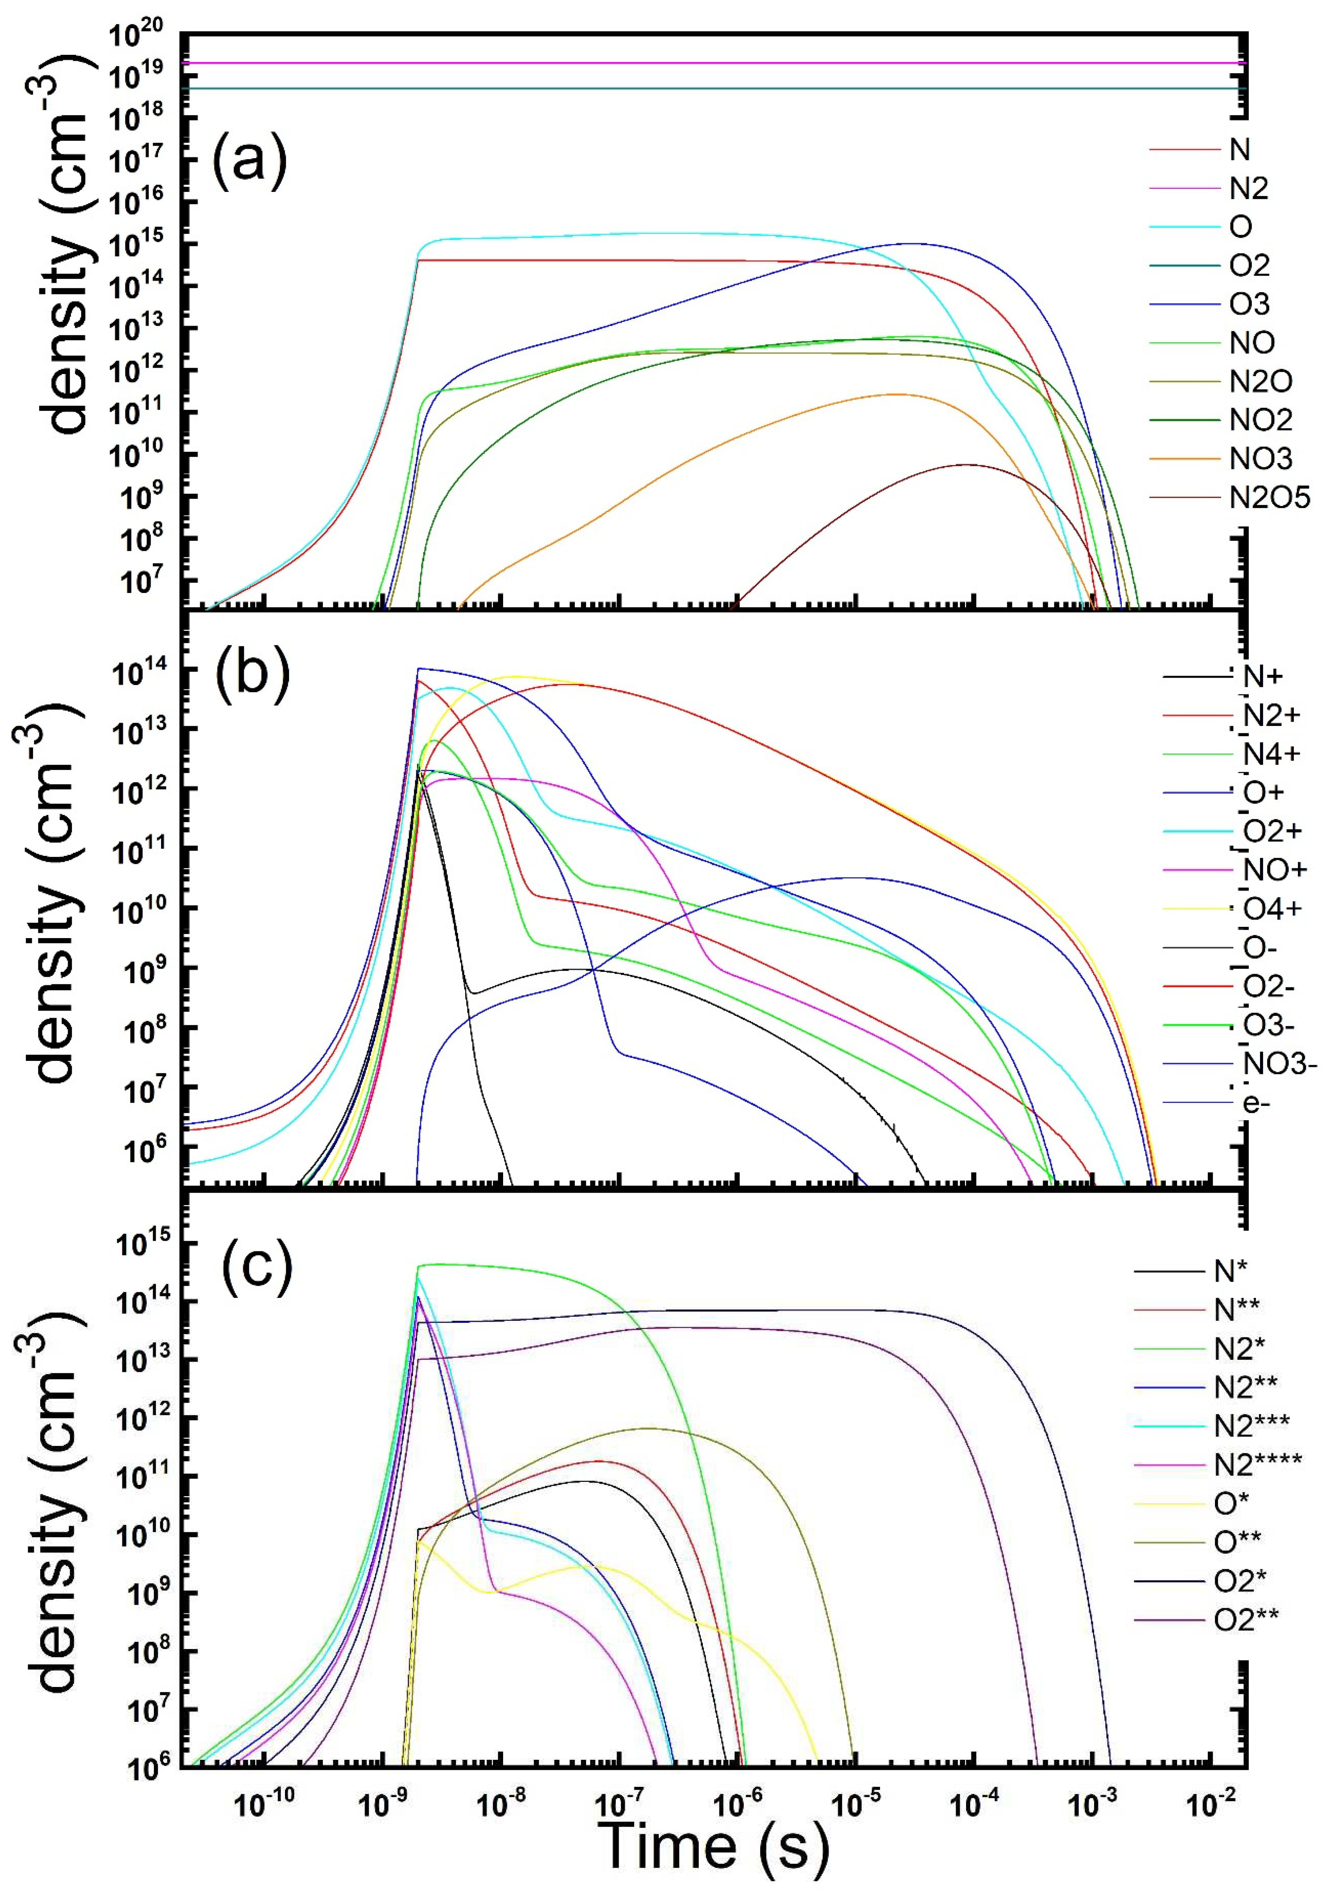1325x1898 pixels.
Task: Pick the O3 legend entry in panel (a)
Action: pyautogui.click(x=1249, y=304)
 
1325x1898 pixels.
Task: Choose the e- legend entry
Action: pyautogui.click(x=1256, y=1103)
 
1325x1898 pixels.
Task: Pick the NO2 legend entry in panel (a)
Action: pyautogui.click(x=1260, y=420)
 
